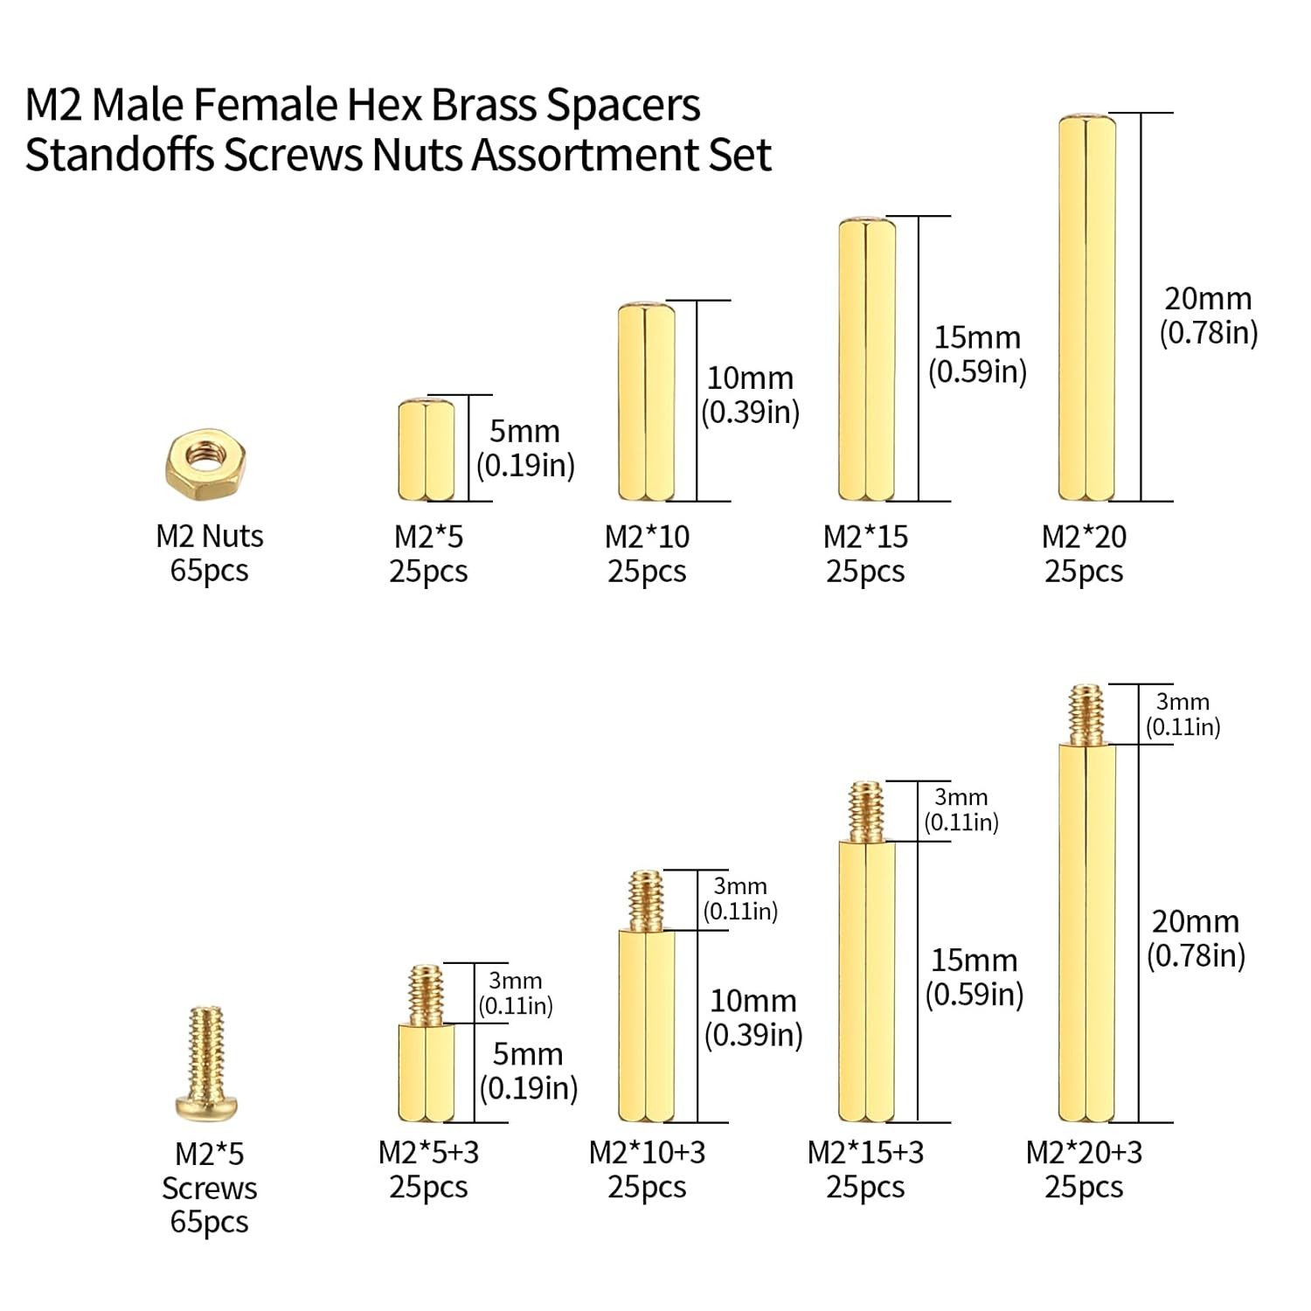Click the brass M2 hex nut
pos(205,464)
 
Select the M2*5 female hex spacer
pos(427,450)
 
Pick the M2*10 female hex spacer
pos(646,401)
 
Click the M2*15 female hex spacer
pos(866,359)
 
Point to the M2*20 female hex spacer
pos(1086,308)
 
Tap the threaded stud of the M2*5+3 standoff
pos(427,995)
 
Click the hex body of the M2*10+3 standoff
pos(646,1026)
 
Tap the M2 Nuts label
pos(209,536)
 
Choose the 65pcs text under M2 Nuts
pos(209,571)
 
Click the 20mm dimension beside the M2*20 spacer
pos(1208,299)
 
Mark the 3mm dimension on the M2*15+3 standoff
pos(961,797)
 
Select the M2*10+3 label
pos(647,1153)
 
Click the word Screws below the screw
pos(209,1189)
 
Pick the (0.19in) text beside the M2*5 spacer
pos(525,465)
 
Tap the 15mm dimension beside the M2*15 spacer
pos(977,337)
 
